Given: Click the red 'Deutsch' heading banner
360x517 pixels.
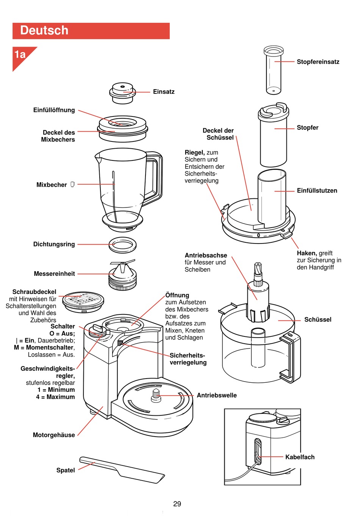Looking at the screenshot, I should [91, 31].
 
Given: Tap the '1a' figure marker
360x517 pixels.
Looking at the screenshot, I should [20, 55].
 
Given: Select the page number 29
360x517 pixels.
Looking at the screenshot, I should [177, 504].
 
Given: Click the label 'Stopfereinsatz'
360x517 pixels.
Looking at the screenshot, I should [318, 62].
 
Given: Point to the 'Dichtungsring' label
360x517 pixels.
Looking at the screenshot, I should [54, 244].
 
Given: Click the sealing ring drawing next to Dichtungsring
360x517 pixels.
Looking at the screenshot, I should [122, 245].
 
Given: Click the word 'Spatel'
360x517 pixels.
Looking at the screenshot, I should [66, 470].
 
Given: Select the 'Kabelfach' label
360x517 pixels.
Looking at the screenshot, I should [300, 457].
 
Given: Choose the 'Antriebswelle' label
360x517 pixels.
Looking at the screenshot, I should [217, 395].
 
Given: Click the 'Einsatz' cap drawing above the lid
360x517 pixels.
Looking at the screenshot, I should [122, 93].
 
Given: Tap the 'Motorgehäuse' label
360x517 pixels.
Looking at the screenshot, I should [54, 435].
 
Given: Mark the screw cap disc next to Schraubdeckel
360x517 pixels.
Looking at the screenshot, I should [83, 302].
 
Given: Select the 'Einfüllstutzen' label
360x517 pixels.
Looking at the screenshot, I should [317, 191].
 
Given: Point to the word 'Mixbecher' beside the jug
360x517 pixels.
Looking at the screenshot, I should [52, 185].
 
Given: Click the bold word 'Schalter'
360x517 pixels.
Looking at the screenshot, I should [63, 326].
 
